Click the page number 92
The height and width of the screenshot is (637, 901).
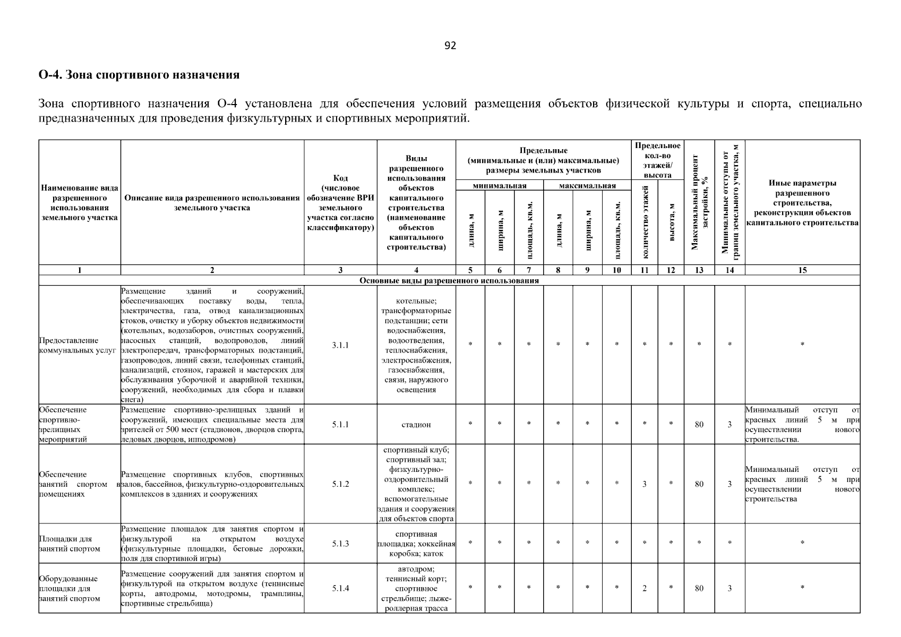[450, 46]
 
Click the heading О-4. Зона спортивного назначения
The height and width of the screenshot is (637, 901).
[139, 75]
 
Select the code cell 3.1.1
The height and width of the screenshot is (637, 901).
[340, 345]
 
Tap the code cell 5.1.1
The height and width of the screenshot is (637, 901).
[340, 425]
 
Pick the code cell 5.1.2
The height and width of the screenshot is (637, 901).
[340, 484]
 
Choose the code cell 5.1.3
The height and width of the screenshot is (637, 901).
[340, 544]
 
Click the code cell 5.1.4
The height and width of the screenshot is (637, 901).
[340, 588]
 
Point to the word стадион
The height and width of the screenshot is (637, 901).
[416, 425]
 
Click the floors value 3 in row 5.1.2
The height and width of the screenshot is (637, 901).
[644, 484]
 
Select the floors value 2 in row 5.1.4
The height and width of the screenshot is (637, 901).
[644, 588]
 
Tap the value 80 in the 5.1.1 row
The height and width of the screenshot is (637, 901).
[699, 425]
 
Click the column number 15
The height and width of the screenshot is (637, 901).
[802, 270]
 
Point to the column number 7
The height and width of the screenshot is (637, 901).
[529, 270]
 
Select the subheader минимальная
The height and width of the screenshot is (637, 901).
[499, 186]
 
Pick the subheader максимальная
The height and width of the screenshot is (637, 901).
[587, 186]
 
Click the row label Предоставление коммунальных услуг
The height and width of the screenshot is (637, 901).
[78, 345]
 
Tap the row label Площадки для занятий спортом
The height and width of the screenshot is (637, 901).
[70, 544]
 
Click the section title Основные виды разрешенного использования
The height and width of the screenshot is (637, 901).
[449, 280]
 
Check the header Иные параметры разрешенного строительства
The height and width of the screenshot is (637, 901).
[802, 203]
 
